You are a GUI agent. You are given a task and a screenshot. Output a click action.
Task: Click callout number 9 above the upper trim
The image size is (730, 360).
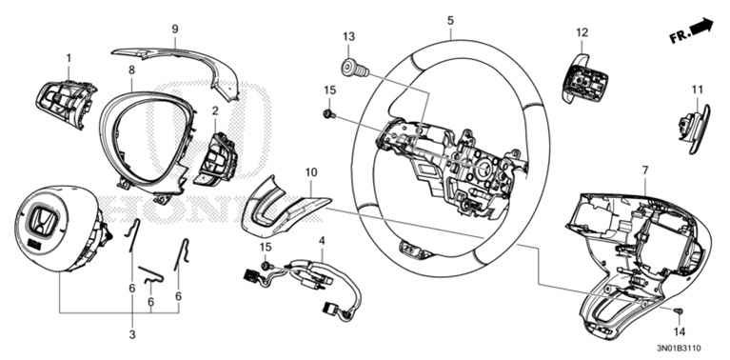coord(175,30)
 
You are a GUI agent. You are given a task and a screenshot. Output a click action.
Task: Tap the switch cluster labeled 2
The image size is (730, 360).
coord(215,158)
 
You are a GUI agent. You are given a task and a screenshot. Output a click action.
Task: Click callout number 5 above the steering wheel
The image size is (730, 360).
coord(450,19)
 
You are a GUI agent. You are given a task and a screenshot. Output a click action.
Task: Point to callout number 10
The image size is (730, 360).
coord(310,171)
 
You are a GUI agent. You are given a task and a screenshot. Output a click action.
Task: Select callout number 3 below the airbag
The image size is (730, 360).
coord(131,334)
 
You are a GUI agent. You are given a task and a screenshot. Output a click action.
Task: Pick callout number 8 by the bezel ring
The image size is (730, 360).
coord(131,70)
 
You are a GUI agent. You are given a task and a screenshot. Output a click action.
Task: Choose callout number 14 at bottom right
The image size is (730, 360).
coord(680,332)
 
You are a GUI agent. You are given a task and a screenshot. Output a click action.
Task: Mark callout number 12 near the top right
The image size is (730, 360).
coord(582,32)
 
